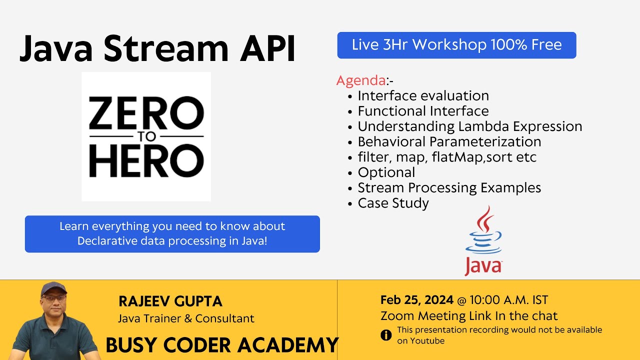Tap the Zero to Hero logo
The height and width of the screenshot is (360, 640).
(146, 136)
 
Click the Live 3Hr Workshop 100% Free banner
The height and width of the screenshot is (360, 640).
(456, 45)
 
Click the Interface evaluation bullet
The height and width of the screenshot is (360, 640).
(423, 95)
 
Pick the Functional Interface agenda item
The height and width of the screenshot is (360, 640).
(423, 111)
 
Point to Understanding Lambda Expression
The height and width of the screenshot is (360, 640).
(469, 126)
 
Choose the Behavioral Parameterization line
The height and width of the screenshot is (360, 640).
(449, 142)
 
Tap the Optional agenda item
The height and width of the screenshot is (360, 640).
(386, 172)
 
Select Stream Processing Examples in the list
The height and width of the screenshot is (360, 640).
(449, 188)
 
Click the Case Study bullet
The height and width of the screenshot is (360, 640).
(393, 203)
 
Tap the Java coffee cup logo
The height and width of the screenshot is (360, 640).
(483, 240)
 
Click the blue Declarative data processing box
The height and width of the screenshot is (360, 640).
(172, 234)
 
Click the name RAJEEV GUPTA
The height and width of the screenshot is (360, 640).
(170, 301)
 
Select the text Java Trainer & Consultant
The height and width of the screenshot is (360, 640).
(186, 318)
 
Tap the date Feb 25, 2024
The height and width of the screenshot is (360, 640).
(416, 300)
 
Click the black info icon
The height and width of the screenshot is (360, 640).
(386, 335)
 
